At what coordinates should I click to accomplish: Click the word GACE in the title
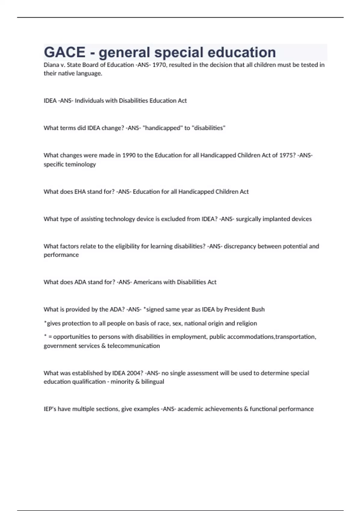pos(65,52)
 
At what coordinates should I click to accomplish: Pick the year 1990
pos(129,155)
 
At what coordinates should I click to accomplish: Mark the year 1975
pos(287,155)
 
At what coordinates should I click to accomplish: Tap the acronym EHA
pos(80,192)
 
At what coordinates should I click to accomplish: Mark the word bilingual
pos(153,382)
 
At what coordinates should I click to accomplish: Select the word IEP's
pos(50,409)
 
